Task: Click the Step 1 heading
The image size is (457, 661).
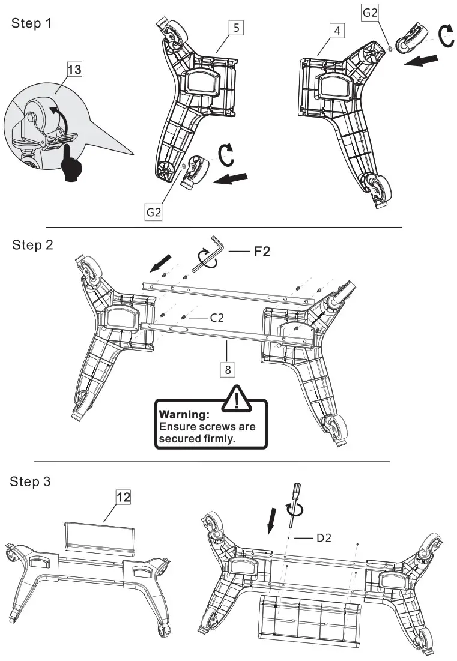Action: (x=32, y=24)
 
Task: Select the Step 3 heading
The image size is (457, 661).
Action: (x=32, y=482)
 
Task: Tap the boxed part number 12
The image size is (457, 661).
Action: (x=123, y=497)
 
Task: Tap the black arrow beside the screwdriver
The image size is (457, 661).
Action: (x=272, y=518)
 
